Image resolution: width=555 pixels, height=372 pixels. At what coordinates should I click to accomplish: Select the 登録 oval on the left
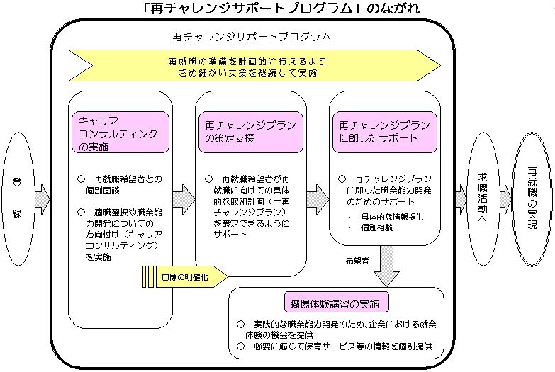16,199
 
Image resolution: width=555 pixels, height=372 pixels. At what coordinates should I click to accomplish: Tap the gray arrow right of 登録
43,198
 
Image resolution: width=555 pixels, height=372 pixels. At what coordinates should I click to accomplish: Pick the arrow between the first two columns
183,198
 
